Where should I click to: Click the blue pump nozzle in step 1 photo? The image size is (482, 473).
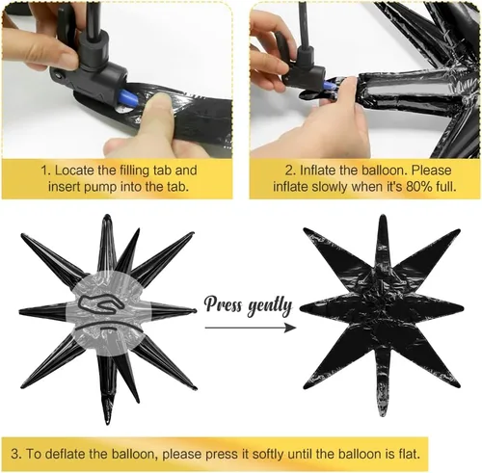tap(128, 98)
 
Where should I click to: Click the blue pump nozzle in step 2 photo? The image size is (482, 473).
tap(328, 86)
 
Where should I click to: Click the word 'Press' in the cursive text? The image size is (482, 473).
tap(223, 303)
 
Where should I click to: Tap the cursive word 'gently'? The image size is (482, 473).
tap(270, 306)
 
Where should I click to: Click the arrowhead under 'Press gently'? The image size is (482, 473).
tap(290, 328)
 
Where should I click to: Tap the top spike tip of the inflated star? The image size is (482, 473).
tap(106, 216)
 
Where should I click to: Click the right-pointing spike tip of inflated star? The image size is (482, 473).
tap(195, 311)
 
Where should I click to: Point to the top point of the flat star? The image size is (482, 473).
tap(382, 217)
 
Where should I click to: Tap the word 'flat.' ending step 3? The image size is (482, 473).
tap(408, 454)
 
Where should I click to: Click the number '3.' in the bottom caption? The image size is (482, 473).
tap(15, 455)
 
